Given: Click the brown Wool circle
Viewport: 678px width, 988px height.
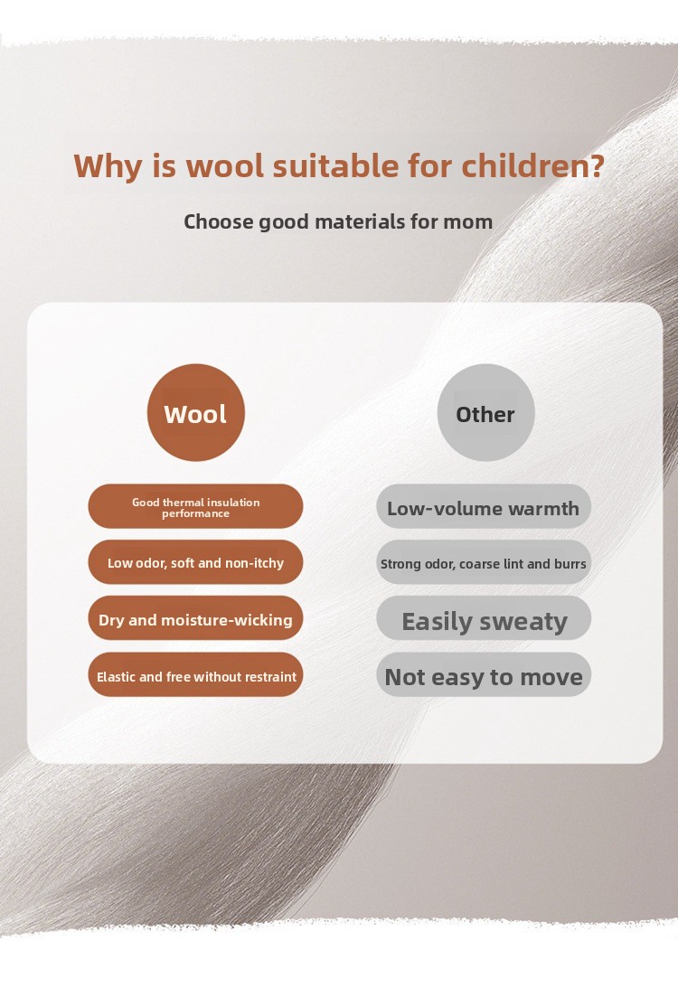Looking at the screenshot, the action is [x=196, y=413].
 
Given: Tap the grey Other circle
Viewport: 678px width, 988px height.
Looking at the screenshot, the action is [x=485, y=413].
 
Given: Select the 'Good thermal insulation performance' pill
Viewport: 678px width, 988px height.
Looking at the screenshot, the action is [x=195, y=506].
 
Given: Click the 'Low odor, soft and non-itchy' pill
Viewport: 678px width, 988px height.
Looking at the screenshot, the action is [x=195, y=562].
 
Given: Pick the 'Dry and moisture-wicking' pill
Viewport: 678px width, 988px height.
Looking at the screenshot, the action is [x=195, y=619].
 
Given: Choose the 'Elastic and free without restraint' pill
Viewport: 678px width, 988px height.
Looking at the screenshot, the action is [x=195, y=675].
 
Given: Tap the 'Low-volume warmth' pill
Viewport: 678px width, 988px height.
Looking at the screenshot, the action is [x=484, y=506].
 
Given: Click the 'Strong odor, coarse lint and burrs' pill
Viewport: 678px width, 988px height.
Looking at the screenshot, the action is [x=484, y=562].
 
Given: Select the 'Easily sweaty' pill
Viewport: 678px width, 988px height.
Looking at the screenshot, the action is [x=484, y=619].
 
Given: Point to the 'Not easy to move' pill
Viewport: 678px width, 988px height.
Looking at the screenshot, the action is [x=484, y=675].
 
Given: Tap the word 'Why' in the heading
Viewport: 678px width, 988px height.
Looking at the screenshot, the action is [x=108, y=167].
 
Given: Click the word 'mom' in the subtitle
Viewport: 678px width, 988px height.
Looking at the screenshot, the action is [x=468, y=222].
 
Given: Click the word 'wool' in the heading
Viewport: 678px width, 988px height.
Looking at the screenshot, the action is [x=225, y=165].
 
